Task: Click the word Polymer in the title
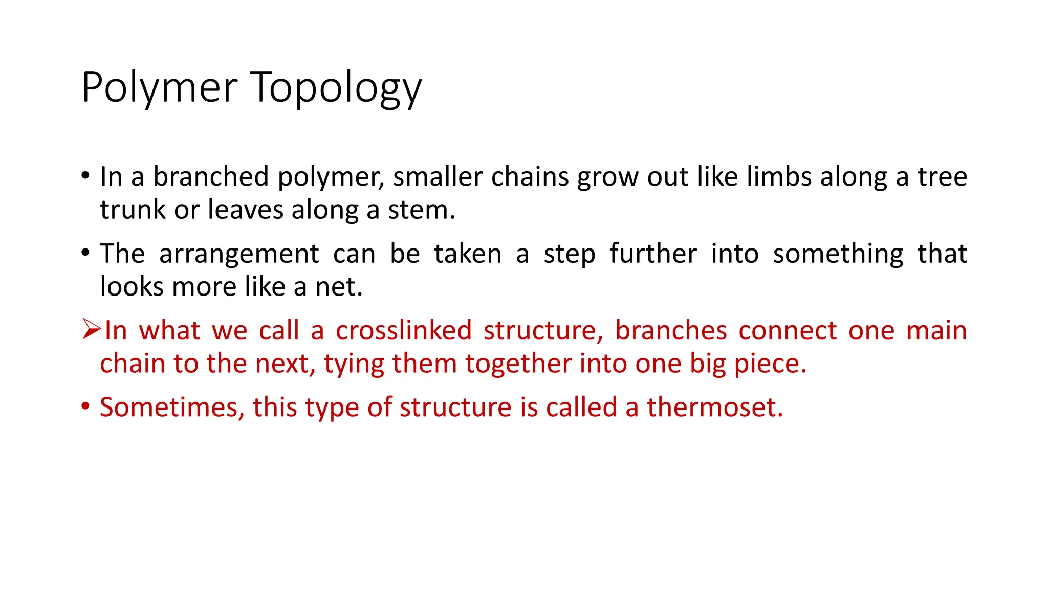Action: point(159,88)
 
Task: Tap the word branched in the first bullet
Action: point(211,177)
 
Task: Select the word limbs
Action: point(779,177)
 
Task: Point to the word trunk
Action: point(133,210)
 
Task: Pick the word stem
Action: point(421,210)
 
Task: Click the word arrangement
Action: point(239,254)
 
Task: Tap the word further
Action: point(653,254)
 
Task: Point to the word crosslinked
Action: point(403,330)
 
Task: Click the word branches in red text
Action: point(670,330)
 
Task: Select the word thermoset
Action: point(714,407)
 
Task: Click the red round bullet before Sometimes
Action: point(85,407)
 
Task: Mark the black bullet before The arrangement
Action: point(85,253)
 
